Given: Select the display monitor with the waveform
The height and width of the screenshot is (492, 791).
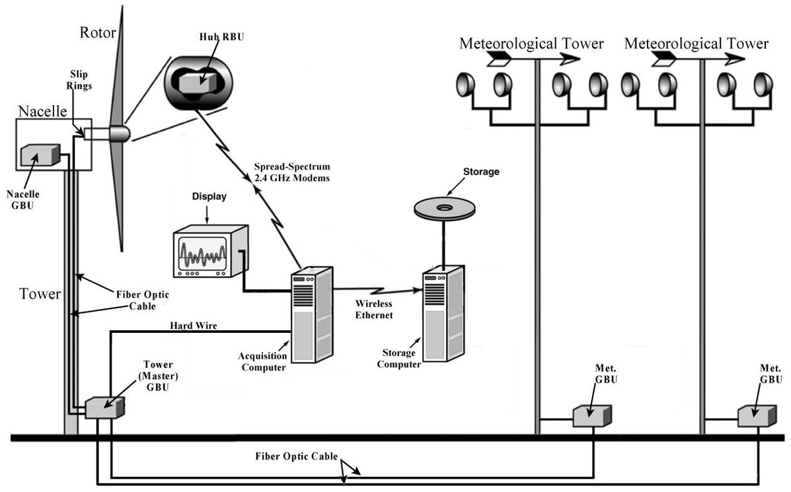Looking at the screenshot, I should [207, 251].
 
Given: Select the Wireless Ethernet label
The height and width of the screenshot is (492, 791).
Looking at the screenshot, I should [374, 310].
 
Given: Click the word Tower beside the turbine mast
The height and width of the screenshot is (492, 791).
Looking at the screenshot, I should [41, 294].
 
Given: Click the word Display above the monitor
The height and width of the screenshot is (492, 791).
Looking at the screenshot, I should [209, 197].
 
